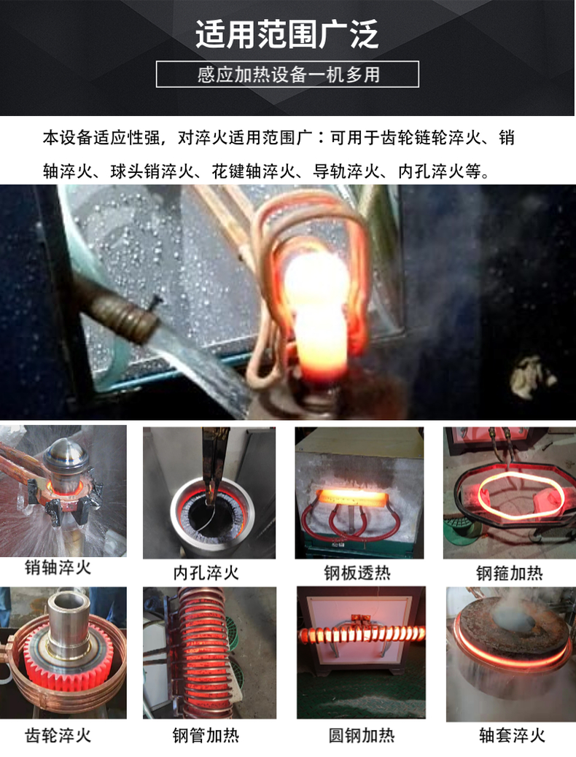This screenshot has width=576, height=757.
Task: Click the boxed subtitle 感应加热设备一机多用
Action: tap(287, 74)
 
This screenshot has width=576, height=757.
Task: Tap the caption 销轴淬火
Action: tap(58, 567)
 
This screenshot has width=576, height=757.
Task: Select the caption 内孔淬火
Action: tap(206, 573)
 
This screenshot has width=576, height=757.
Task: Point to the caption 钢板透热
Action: tap(357, 573)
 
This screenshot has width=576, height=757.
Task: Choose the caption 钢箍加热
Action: tap(510, 573)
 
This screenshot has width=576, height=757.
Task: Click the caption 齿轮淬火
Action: tap(58, 736)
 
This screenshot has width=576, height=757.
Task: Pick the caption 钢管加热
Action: tap(206, 736)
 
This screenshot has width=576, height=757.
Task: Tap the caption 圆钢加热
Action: tap(362, 736)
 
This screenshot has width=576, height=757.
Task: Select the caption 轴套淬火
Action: tap(513, 736)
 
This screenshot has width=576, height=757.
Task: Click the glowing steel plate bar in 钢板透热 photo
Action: tap(351, 498)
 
